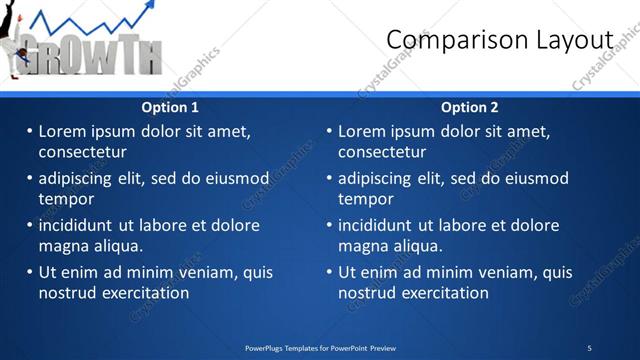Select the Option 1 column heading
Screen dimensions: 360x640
click(x=170, y=107)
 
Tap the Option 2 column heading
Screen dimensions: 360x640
click(x=469, y=107)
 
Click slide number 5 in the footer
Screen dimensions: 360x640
click(x=589, y=348)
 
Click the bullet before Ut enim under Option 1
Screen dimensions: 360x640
click(x=29, y=272)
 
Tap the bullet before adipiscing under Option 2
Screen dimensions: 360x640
click(x=329, y=178)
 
